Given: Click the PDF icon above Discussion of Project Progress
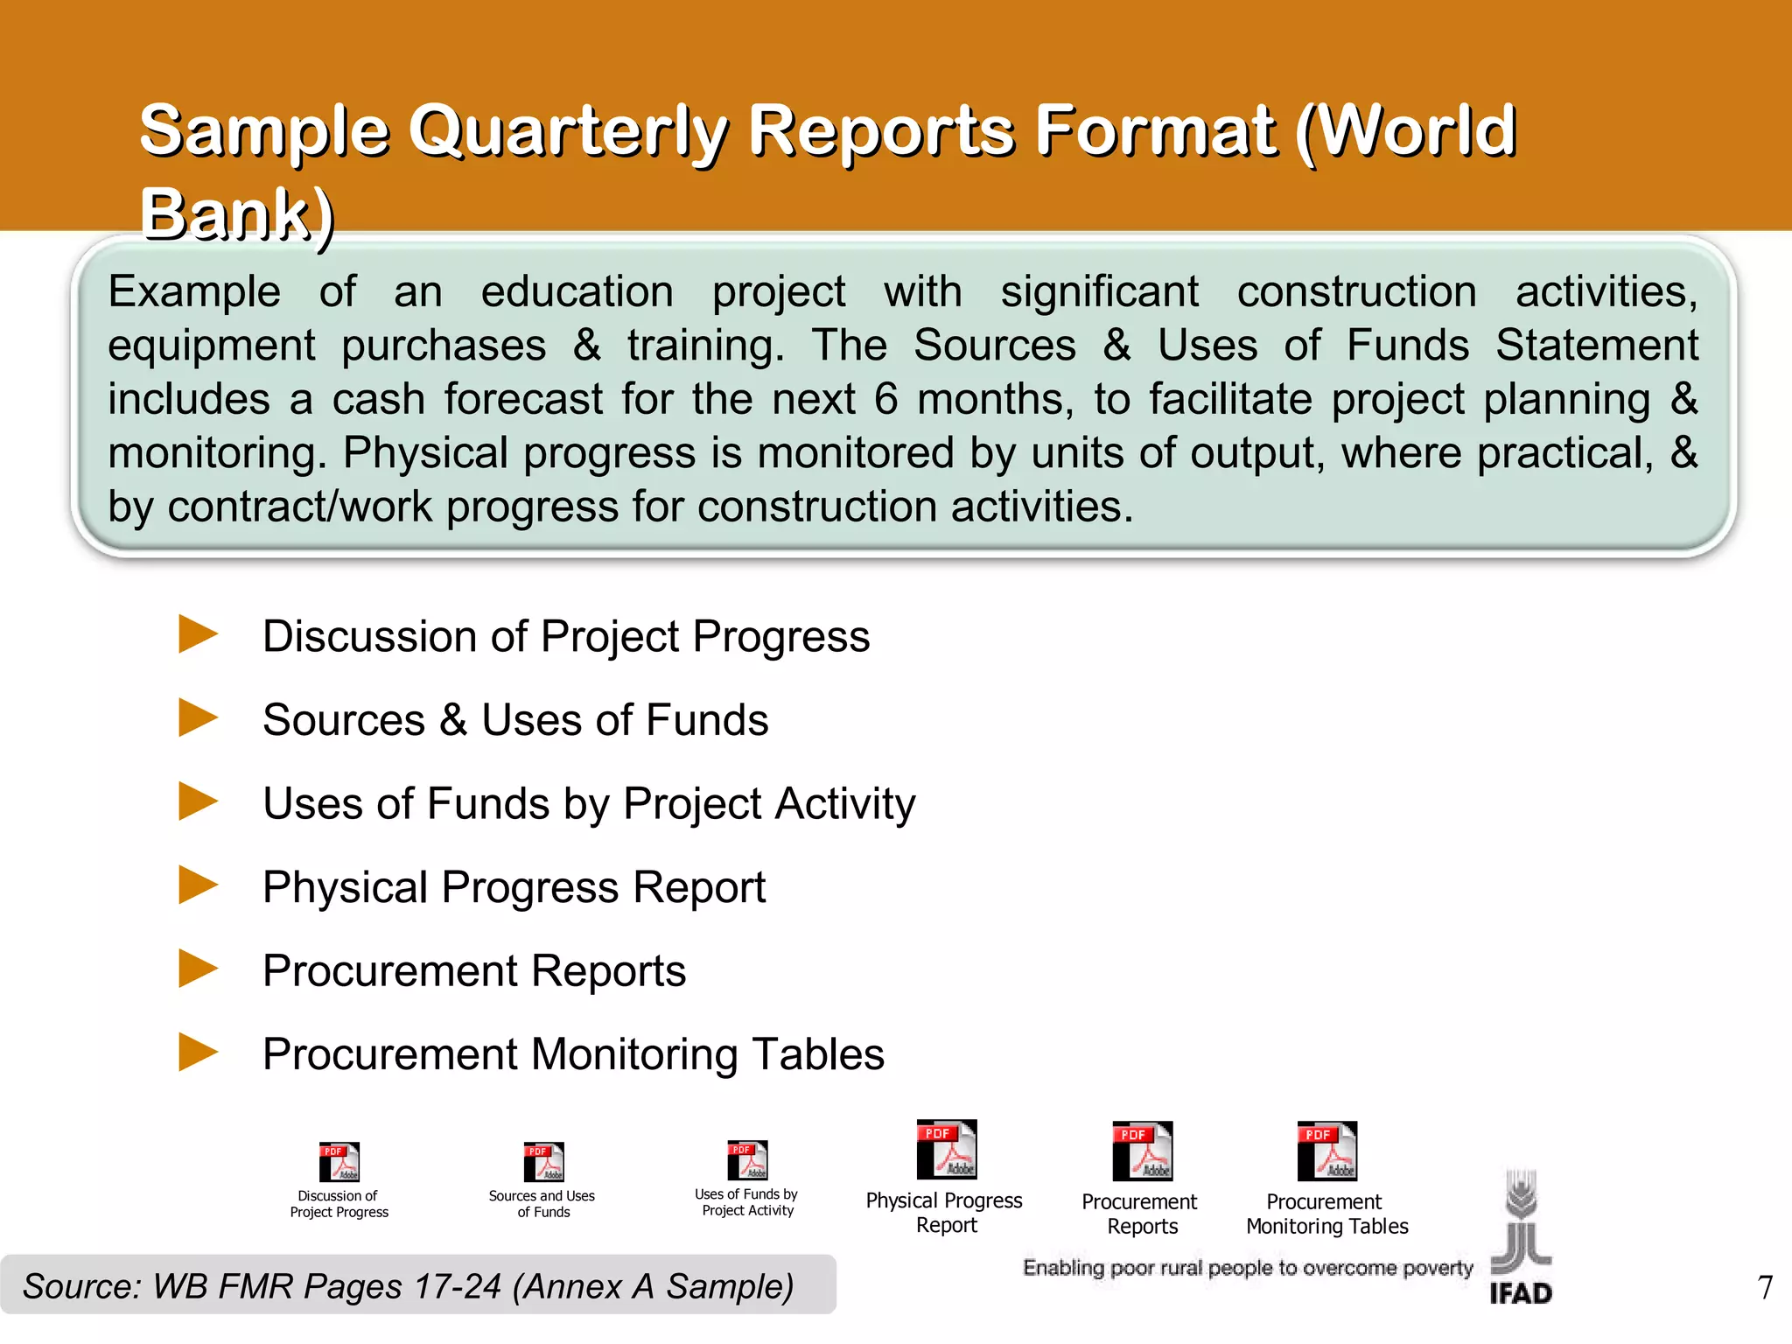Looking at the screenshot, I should (x=339, y=1162).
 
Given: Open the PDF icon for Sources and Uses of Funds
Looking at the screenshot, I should (x=543, y=1162).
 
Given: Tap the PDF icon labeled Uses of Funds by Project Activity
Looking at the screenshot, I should (x=748, y=1160).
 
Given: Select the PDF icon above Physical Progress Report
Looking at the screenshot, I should (x=946, y=1150).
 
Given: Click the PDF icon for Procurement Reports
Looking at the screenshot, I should (x=1142, y=1151).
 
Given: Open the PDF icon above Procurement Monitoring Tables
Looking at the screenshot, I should (x=1326, y=1151).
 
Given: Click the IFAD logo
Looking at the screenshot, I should (x=1521, y=1238).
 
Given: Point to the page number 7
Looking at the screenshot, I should (x=1765, y=1287).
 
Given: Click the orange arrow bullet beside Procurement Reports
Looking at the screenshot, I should (x=198, y=969).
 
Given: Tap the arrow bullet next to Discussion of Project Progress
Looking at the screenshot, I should (x=198, y=633).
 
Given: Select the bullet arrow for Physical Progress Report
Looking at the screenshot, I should (x=198, y=885).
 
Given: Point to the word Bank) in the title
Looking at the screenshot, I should (x=237, y=214).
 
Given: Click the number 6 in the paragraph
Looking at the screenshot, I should (x=885, y=399).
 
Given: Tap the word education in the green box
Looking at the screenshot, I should (x=577, y=291).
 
